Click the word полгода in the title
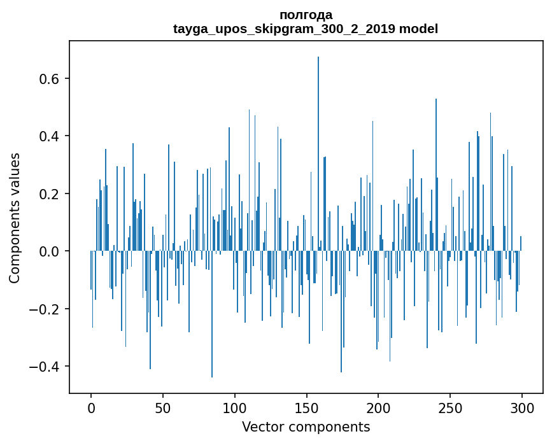click(306, 15)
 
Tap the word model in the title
click(418, 29)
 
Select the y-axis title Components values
click(15, 218)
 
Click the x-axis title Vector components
click(306, 426)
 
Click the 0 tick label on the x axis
click(91, 407)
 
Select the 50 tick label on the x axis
click(163, 407)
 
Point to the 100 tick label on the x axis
click(235, 407)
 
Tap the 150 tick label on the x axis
click(307, 407)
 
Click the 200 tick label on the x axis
click(378, 407)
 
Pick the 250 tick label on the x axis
click(450, 407)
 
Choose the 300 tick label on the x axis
click(522, 407)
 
